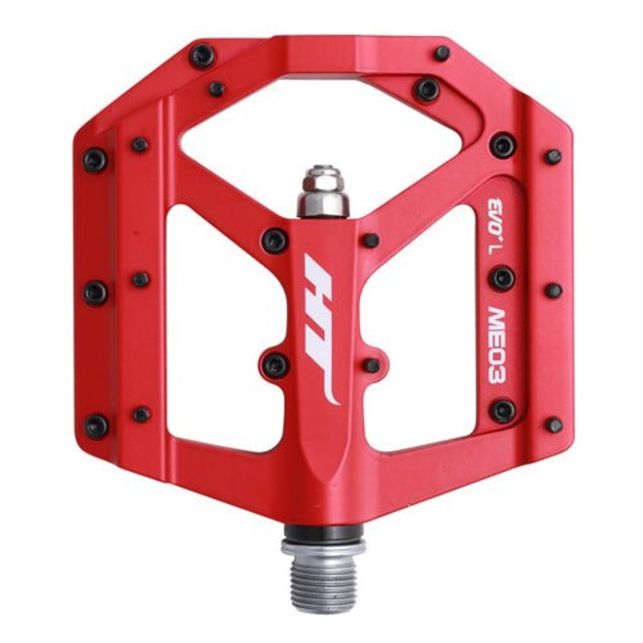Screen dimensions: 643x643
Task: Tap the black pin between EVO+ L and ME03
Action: tap(503, 278)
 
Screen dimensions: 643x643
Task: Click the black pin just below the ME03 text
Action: tap(503, 411)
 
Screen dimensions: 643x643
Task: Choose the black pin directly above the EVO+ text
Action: tap(503, 145)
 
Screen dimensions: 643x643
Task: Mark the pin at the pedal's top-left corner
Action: tap(203, 55)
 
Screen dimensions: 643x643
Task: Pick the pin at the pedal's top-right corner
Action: tap(442, 53)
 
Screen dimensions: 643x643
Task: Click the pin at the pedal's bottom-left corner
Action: tap(96, 426)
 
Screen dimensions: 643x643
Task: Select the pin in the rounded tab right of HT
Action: tap(371, 365)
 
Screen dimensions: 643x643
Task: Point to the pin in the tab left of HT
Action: tap(275, 365)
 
